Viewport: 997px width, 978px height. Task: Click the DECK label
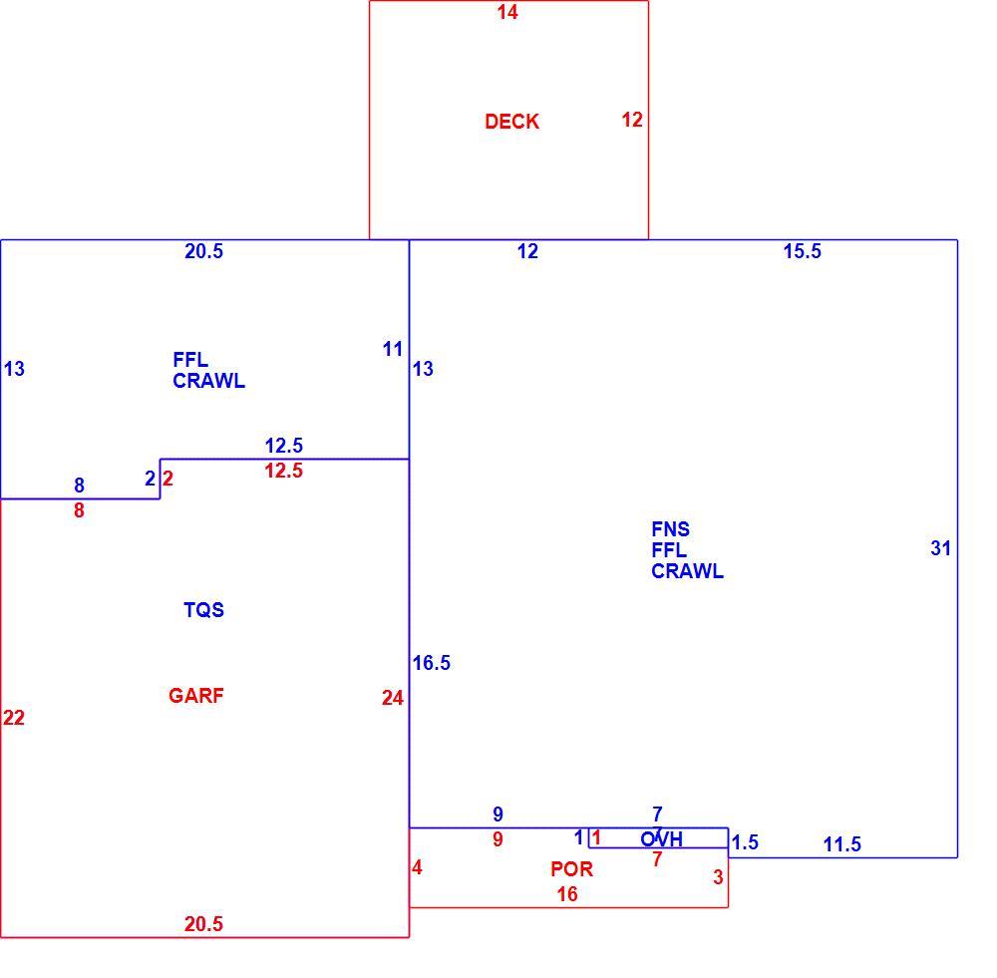[x=511, y=122]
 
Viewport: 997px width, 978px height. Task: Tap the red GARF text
[x=195, y=696]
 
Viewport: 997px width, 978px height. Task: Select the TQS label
[x=203, y=610]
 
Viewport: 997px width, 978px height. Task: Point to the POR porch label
[x=571, y=868]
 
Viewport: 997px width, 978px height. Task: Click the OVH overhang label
[x=661, y=839]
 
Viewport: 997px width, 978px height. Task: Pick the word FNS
[x=670, y=529]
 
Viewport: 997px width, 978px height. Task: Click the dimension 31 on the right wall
[x=940, y=548]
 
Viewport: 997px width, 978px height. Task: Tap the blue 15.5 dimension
[x=802, y=251]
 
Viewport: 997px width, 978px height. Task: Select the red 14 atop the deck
[x=507, y=12]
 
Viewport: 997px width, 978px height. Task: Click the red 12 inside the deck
[x=632, y=120]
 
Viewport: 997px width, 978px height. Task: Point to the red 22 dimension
[x=13, y=718]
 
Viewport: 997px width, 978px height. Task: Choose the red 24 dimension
[x=392, y=698]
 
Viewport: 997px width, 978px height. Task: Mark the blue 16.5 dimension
[x=431, y=663]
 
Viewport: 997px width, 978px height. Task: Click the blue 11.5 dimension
[x=841, y=844]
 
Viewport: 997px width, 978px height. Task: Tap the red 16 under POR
[x=567, y=894]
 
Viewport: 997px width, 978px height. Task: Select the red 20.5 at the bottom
[x=203, y=924]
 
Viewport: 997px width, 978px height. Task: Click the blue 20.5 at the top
[x=203, y=251]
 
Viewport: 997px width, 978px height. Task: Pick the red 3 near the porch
[x=718, y=877]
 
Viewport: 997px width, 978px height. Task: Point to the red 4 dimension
[x=417, y=867]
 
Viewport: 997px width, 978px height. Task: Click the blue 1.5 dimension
[x=745, y=842]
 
